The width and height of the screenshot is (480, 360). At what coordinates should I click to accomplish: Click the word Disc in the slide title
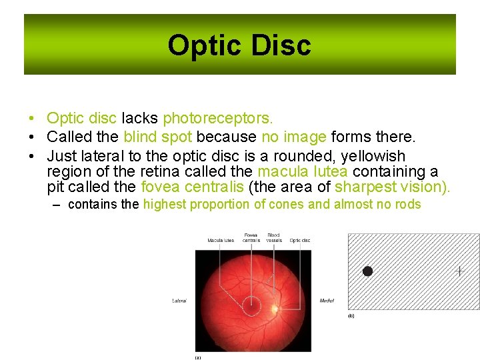[280, 46]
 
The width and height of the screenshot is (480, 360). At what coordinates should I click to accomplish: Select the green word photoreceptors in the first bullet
[218, 119]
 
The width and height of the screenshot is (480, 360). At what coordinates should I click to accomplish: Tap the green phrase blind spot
[158, 137]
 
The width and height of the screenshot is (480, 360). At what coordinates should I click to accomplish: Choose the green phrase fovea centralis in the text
[192, 187]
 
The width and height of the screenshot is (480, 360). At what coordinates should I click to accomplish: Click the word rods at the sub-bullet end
[407, 205]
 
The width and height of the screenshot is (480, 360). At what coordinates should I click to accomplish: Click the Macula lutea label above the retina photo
[221, 241]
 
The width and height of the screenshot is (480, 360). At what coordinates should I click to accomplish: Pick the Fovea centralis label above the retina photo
[251, 238]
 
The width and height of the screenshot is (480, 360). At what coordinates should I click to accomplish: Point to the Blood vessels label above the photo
[273, 238]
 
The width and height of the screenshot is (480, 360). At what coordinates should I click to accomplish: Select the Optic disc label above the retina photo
[300, 241]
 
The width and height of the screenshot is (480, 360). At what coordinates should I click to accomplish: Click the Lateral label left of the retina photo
[179, 301]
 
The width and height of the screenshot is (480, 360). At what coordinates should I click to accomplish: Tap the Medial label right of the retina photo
[327, 301]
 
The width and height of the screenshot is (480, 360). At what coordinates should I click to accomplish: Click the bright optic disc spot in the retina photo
[275, 308]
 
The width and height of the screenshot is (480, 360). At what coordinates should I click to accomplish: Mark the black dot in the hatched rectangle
[367, 271]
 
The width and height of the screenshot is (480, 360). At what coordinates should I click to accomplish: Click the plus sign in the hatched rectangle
[459, 271]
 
